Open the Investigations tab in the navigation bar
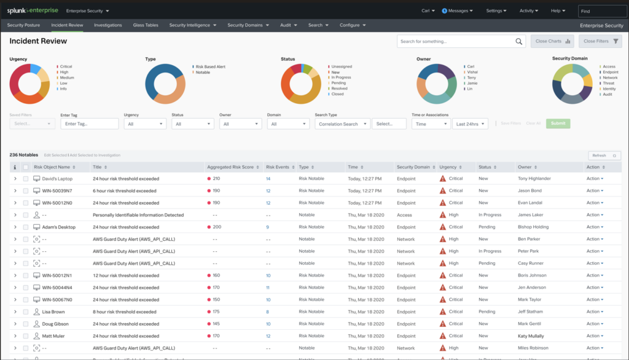[107, 25]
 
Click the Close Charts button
[552, 41]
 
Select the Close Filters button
[600, 41]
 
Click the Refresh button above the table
[604, 155]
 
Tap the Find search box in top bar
[602, 11]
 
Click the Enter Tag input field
[89, 124]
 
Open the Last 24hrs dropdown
[470, 124]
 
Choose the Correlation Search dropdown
[342, 124]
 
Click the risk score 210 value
[216, 179]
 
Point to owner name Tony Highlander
[534, 179]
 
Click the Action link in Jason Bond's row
[594, 190]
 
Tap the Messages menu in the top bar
[457, 10]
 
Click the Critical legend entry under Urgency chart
[66, 66]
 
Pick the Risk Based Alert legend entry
[211, 66]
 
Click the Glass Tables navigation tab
[146, 25]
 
